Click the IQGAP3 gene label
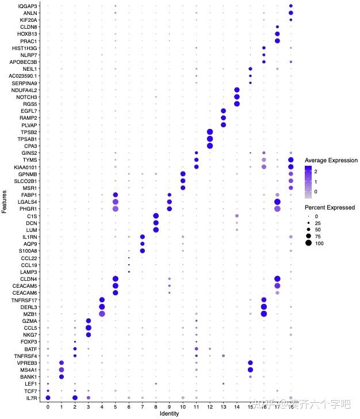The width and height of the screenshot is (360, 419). pos(29,5)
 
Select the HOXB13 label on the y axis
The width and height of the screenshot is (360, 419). pos(28,34)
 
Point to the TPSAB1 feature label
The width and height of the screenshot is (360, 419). pos(28,139)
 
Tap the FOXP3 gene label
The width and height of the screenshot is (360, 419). pos(29,341)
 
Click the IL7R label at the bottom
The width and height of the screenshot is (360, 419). pos(32,397)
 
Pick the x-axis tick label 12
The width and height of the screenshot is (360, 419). pos(209,406)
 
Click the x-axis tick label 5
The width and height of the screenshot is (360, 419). pos(115,406)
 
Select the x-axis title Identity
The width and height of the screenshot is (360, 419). pos(169,414)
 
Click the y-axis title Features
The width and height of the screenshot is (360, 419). pos(5,202)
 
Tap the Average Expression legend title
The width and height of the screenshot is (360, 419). pos(331,160)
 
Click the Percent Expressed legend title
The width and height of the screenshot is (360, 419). pos(330,207)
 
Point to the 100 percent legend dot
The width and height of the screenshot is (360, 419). pos(309,243)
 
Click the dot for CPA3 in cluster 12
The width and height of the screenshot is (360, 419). pos(209,146)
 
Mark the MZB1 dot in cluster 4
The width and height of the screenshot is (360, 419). pos(102,313)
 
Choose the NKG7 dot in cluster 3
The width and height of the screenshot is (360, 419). pos(88,334)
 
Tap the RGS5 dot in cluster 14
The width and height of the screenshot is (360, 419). pos(237,104)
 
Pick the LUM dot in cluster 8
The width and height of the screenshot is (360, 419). pos(156,230)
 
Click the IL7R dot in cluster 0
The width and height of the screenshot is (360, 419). pos(48,397)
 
